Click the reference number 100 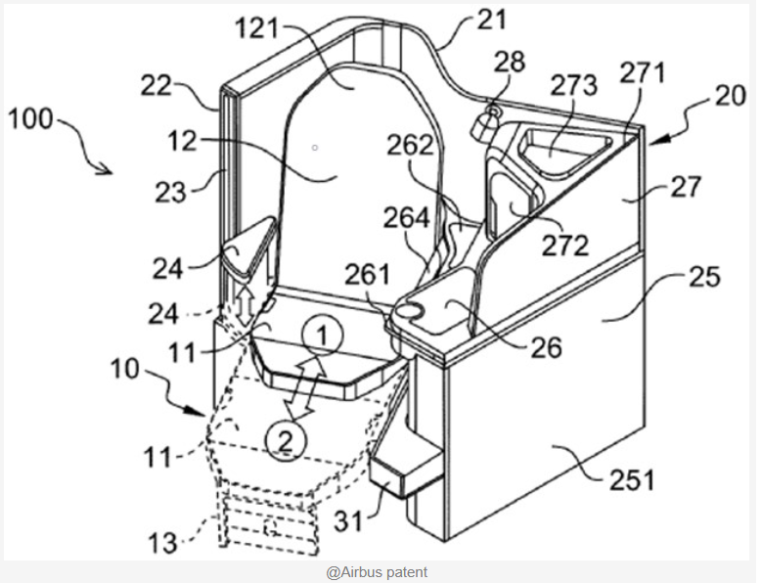click(x=30, y=118)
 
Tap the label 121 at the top click(x=257, y=28)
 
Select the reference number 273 click(x=573, y=85)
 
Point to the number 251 click(x=632, y=480)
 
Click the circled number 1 click(x=322, y=336)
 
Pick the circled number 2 click(x=286, y=441)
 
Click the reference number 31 click(x=348, y=521)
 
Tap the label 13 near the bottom click(x=162, y=543)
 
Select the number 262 click(x=410, y=145)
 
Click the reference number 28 click(x=510, y=63)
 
